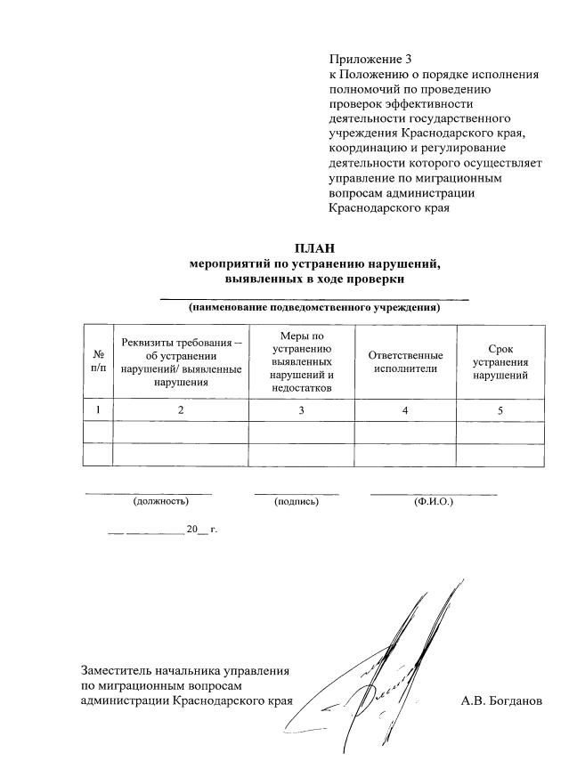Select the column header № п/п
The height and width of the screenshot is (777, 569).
tap(97, 360)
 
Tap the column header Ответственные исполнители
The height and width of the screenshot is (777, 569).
tap(405, 361)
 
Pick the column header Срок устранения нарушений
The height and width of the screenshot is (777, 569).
tap(500, 361)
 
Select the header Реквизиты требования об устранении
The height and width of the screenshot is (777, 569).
tap(180, 361)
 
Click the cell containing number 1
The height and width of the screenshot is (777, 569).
tap(97, 409)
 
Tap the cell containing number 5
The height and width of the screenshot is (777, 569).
tap(500, 409)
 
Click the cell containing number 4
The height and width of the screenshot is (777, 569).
tap(405, 409)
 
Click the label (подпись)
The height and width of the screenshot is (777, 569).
tap(297, 502)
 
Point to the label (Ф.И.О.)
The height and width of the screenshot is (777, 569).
tap(434, 502)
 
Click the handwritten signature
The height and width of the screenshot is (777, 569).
tap(392, 676)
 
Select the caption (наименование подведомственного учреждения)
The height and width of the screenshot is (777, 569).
tap(314, 308)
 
